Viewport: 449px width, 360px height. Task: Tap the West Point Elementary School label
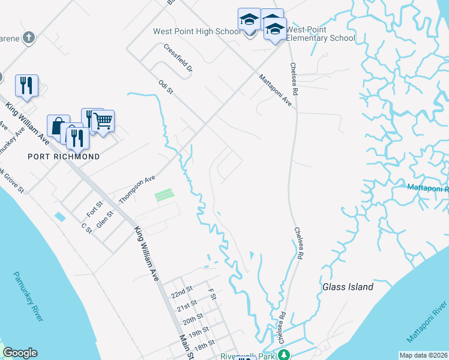click(321, 34)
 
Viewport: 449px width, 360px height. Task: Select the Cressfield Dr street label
click(178, 57)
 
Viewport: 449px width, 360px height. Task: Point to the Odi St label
click(166, 88)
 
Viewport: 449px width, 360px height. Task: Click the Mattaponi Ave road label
click(276, 91)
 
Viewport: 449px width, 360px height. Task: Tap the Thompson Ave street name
click(137, 188)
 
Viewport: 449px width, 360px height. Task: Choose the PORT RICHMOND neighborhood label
click(64, 157)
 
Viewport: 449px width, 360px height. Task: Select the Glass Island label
click(348, 287)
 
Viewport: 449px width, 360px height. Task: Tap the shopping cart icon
click(103, 121)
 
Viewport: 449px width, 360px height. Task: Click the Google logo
click(20, 353)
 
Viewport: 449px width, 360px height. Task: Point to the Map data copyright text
click(423, 355)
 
